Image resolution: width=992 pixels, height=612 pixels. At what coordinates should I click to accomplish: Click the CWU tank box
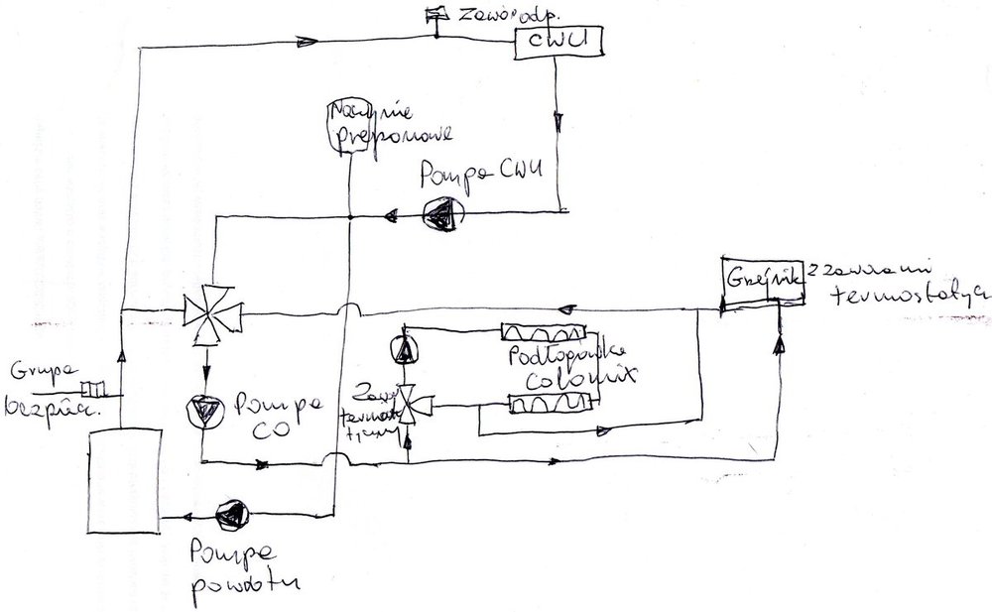pos(558,43)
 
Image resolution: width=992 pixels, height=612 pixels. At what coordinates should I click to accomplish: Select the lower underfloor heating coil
pos(550,404)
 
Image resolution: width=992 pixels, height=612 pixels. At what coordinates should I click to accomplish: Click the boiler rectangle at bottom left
pos(123,476)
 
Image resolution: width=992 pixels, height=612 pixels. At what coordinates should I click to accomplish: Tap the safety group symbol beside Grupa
pos(92,389)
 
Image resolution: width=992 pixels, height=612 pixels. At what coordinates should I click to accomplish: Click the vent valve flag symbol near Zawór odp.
pos(434,14)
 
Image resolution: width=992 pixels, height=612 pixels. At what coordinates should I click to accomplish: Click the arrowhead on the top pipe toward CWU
pos(306,41)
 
